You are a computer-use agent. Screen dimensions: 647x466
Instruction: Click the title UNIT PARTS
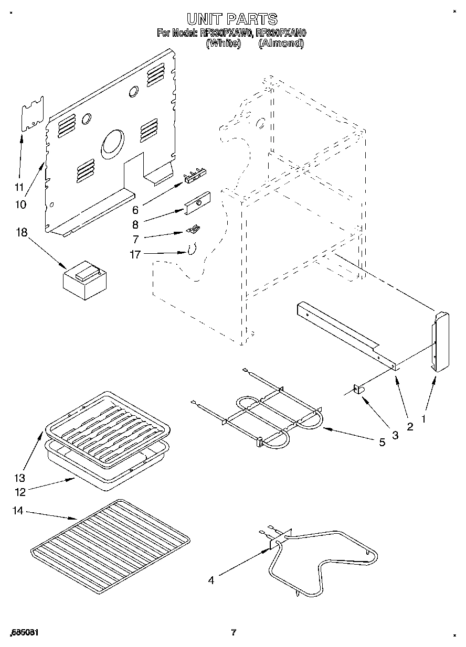[232, 20]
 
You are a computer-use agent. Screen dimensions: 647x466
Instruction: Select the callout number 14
[18, 510]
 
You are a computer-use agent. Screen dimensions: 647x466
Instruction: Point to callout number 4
[211, 580]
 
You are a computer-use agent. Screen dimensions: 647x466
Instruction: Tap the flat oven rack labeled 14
[110, 545]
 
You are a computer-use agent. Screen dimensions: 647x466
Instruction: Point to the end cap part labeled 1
[440, 341]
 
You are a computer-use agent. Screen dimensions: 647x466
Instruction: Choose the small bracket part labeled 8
[197, 203]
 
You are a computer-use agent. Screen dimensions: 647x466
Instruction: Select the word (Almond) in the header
[281, 44]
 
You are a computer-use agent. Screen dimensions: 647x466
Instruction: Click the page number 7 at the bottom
[234, 633]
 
